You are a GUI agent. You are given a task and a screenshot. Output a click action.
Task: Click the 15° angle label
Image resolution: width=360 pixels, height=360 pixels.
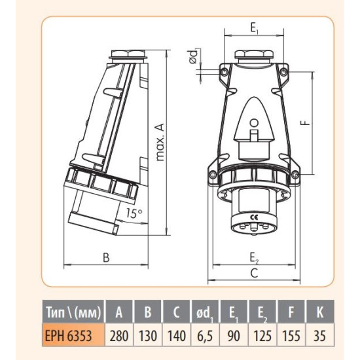134,213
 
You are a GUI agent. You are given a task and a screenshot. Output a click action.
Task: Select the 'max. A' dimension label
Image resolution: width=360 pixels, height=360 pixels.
160,142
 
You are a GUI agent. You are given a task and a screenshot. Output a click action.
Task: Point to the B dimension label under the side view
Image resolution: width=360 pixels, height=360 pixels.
106,258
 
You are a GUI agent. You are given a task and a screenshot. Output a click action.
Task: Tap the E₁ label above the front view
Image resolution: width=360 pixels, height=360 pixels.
254,28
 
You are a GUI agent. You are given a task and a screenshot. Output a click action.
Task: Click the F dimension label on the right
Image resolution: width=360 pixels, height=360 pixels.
306,123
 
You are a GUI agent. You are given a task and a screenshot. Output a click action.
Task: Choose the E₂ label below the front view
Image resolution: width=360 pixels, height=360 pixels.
254,258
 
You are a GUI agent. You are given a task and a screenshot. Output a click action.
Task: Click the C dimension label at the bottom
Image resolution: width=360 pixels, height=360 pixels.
254,273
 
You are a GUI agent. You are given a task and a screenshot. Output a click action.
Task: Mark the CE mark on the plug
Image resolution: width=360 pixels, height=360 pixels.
255,217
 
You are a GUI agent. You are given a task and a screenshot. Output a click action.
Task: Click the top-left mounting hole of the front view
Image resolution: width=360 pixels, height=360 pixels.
225,73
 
